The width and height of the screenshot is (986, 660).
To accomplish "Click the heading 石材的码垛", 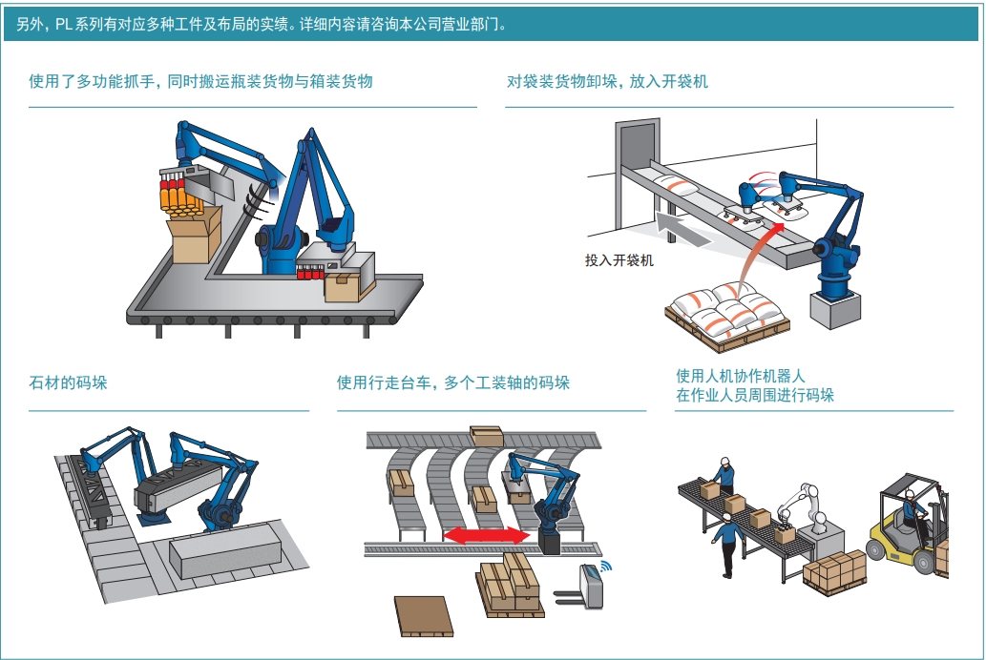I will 68,383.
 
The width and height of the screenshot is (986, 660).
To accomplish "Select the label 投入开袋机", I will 619,259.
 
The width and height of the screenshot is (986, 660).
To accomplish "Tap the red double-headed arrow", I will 488,536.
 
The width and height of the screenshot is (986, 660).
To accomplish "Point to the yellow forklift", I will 907,529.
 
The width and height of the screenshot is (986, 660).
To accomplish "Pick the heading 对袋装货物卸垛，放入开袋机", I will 607,82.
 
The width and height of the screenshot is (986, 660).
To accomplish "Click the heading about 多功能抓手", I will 200,82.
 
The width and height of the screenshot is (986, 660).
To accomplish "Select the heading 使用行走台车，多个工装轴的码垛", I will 452,383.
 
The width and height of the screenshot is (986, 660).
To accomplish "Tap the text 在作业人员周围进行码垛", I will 754,395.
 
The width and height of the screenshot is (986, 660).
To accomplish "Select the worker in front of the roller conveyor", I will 729,544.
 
